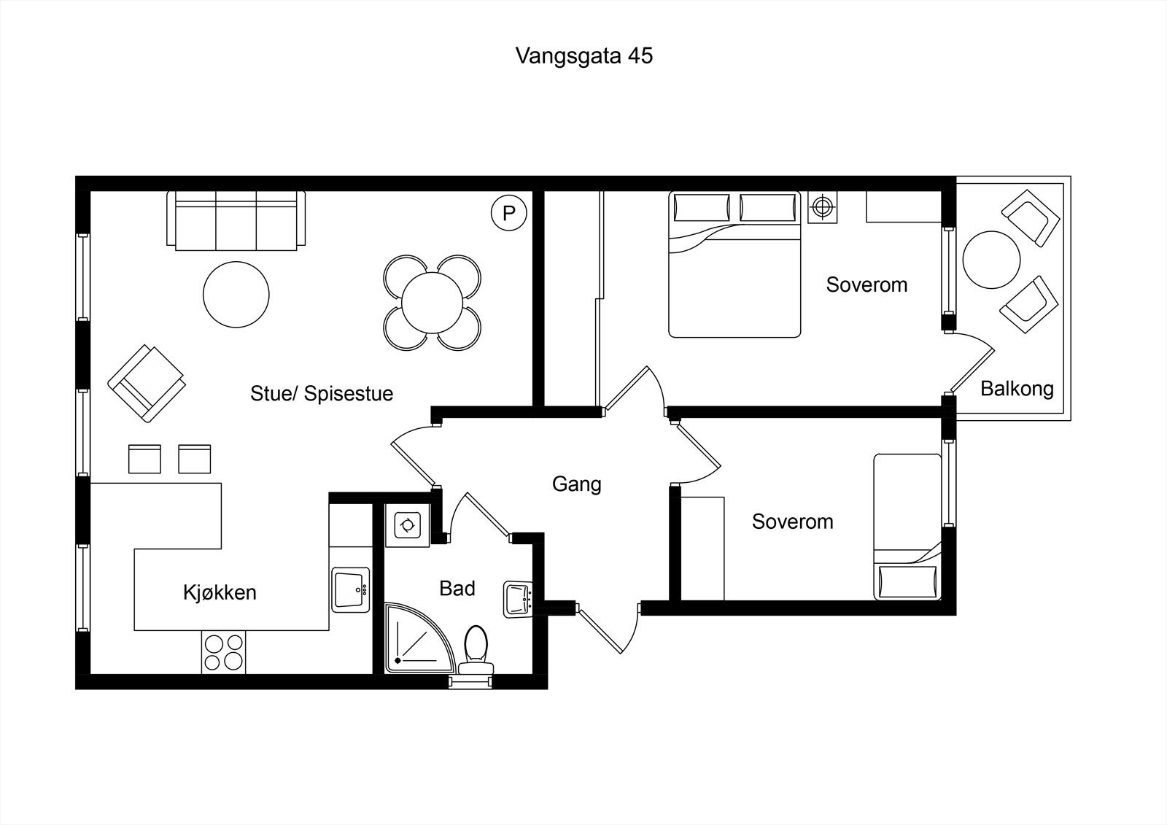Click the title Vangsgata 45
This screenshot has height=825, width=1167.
(x=583, y=56)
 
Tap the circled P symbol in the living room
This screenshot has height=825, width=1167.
(x=509, y=213)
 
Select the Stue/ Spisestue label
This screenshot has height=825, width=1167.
(x=322, y=393)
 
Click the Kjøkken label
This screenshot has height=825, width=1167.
(x=220, y=592)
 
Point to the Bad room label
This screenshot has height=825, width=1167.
(x=457, y=588)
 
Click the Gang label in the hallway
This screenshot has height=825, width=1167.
(x=576, y=484)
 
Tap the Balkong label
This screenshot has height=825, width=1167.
(x=1017, y=388)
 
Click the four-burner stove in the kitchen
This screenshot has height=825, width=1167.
(x=223, y=652)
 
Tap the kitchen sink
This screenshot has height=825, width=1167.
(x=350, y=590)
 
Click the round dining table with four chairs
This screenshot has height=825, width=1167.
(x=432, y=302)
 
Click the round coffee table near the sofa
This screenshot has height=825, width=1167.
(x=236, y=295)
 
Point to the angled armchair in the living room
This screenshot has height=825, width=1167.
(x=147, y=383)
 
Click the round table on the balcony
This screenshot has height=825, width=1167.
(x=991, y=260)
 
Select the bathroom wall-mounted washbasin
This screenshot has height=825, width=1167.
(x=519, y=599)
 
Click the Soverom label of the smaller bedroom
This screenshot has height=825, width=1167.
(x=792, y=522)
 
